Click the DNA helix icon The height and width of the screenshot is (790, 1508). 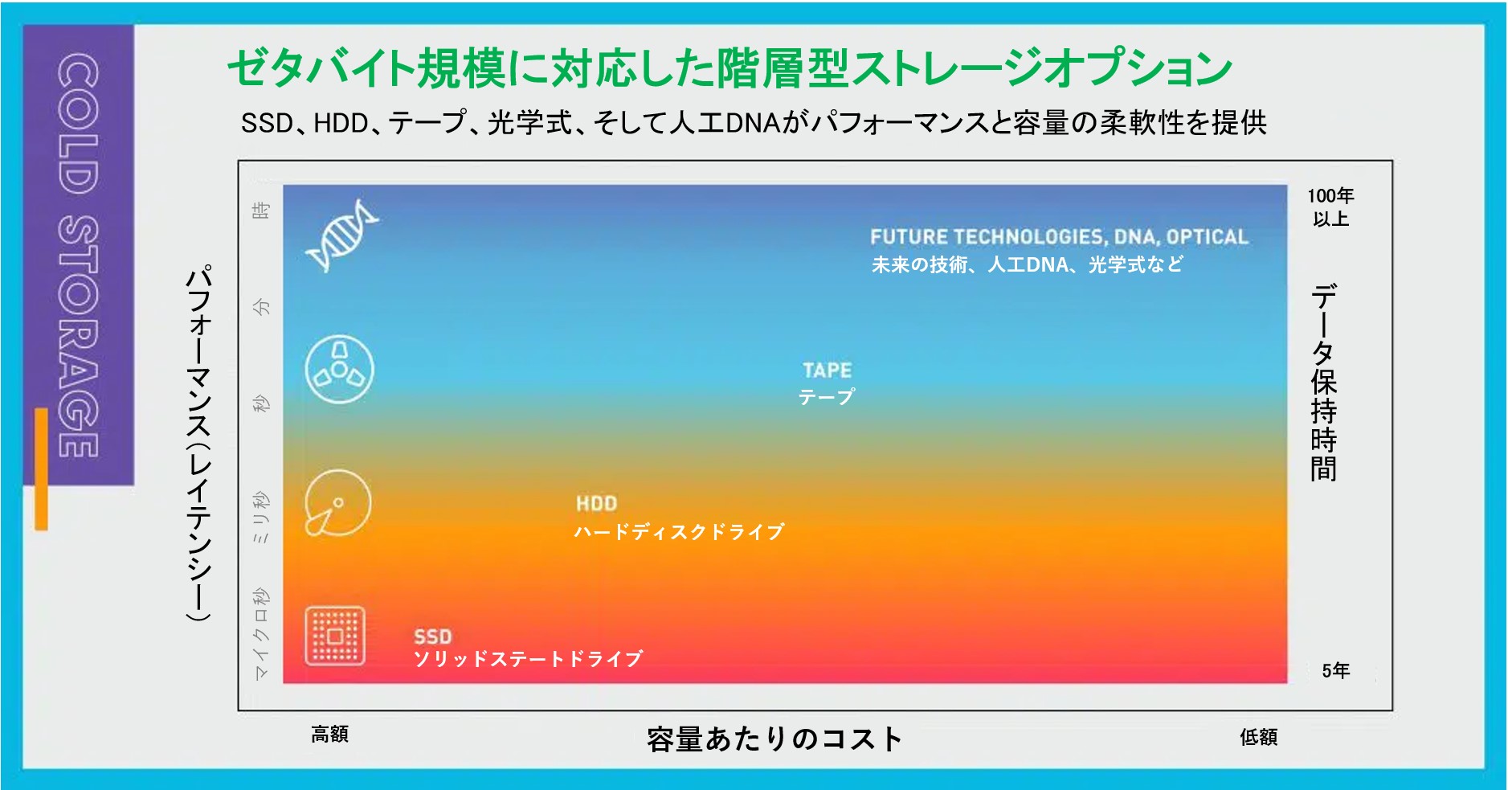(342, 235)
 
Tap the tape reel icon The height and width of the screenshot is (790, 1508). (340, 370)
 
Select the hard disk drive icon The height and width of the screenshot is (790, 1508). (337, 503)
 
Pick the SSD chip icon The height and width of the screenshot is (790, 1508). (335, 637)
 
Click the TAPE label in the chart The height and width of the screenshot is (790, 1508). (827, 370)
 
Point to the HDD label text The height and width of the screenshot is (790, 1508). (596, 504)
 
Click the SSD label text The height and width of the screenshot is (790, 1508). (432, 637)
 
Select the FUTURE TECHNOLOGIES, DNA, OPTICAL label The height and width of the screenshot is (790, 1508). (1059, 237)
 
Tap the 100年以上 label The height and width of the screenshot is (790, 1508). (1330, 207)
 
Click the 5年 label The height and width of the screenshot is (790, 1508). (1336, 670)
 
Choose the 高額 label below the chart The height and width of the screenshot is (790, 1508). (329, 734)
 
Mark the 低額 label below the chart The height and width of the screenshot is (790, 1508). (1258, 737)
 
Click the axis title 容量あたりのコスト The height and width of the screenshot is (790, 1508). (774, 739)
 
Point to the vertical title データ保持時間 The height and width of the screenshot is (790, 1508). (1323, 383)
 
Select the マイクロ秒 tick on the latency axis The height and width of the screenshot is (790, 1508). (261, 634)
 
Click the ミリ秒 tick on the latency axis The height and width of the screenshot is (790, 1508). (261, 518)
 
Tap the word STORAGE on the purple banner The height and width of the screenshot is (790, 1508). (78, 337)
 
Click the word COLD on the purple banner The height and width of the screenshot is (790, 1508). (78, 124)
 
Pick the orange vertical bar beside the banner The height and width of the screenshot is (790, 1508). (41, 469)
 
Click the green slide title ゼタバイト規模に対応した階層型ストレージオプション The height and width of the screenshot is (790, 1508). (729, 68)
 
